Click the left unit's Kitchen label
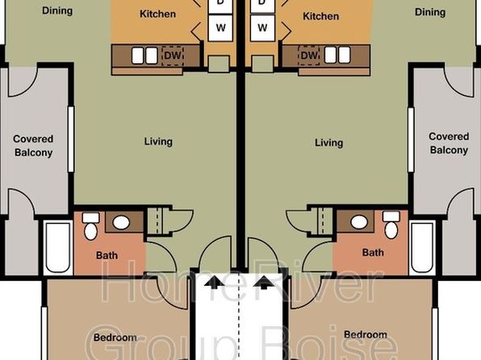(157, 14)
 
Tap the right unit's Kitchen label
(321, 16)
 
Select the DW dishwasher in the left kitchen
(173, 56)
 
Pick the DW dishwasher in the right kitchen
(309, 56)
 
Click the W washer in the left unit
(220, 28)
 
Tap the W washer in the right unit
(262, 28)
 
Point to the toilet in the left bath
(91, 226)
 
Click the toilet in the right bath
(391, 225)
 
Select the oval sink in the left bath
(121, 223)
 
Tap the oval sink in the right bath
(359, 222)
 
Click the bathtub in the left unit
(58, 248)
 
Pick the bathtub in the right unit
(422, 247)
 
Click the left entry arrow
(214, 283)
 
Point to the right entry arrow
(264, 283)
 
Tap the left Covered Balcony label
(33, 146)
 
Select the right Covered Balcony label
(449, 144)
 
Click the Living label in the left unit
(158, 141)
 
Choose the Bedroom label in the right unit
(366, 334)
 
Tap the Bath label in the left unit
(107, 255)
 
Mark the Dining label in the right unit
(430, 12)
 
